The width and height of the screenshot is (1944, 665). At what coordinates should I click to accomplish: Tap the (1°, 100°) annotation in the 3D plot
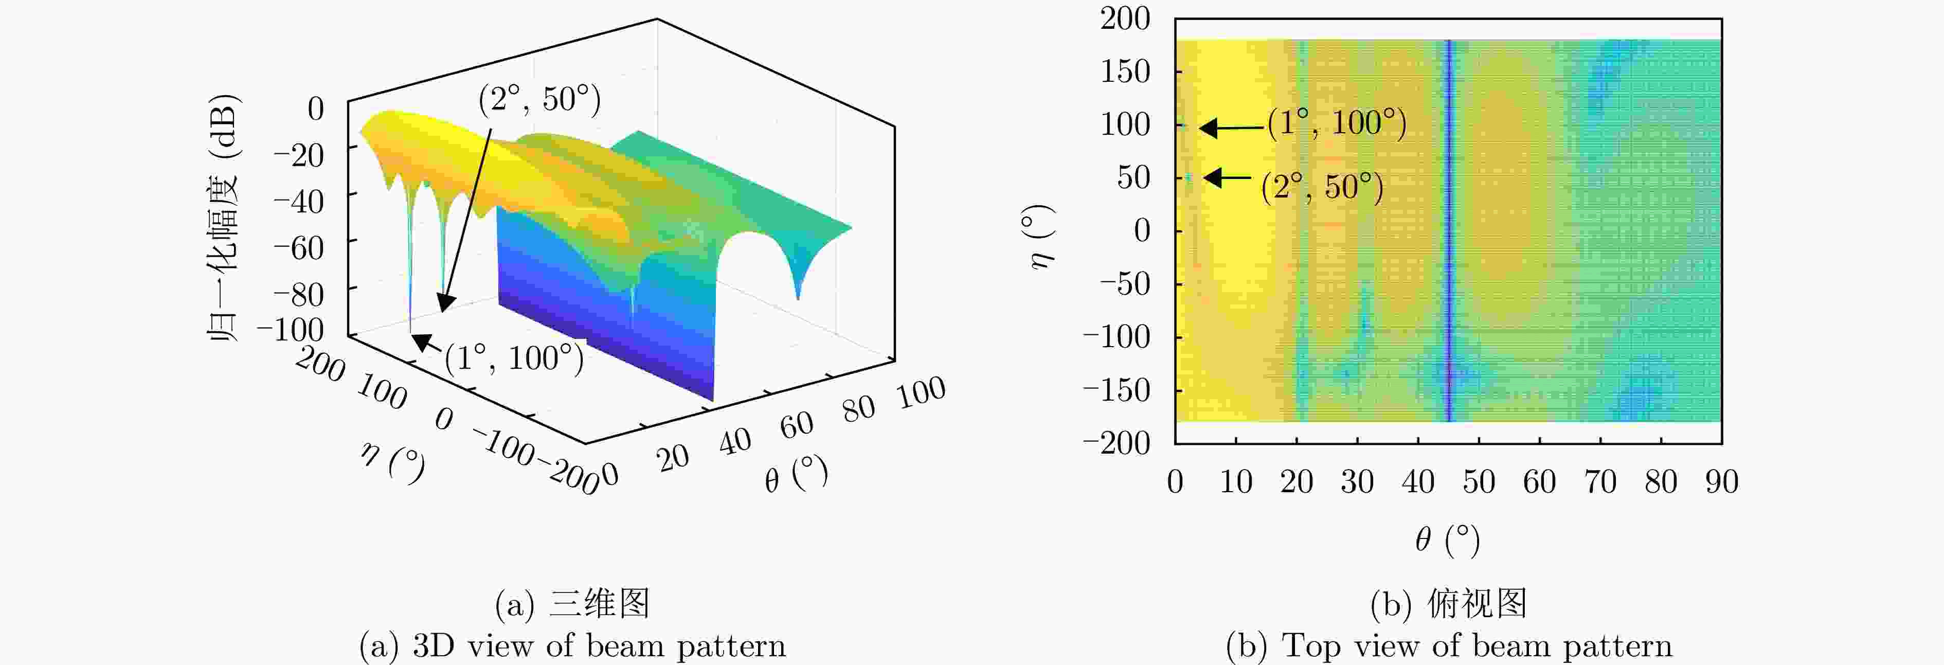click(x=514, y=358)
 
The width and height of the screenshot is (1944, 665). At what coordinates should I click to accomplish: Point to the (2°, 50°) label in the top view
click(x=1322, y=187)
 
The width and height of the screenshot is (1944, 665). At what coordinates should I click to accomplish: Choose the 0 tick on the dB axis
click(x=315, y=109)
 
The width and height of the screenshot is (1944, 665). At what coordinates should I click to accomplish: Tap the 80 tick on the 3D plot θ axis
click(x=859, y=408)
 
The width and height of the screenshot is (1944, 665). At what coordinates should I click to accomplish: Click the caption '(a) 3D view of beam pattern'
click(x=572, y=646)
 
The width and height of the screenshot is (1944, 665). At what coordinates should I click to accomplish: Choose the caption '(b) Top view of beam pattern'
click(x=1449, y=646)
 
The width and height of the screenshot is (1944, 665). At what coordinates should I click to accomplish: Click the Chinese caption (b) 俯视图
click(x=1449, y=604)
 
